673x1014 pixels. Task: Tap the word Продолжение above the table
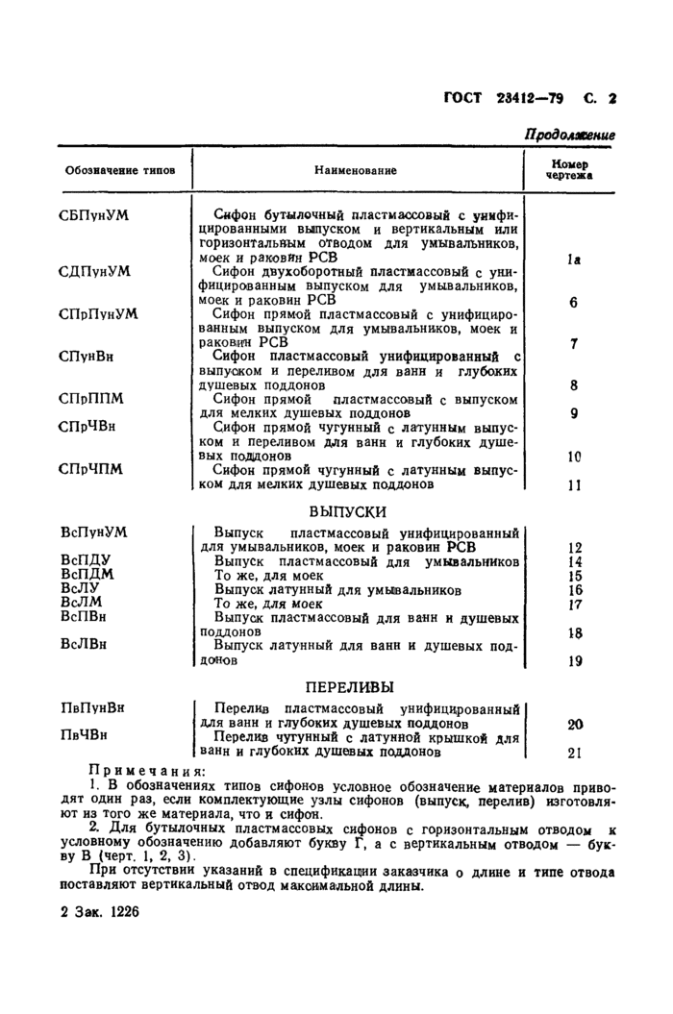tap(569, 136)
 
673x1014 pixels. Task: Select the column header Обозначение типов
tap(120, 170)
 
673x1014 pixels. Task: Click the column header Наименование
tap(355, 170)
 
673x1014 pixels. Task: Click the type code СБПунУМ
tap(93, 214)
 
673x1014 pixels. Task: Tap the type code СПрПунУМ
tap(98, 313)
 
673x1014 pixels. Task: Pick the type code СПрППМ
tap(90, 398)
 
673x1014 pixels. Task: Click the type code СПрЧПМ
tap(90, 469)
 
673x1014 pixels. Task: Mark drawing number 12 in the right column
tap(575, 547)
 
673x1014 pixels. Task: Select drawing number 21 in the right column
tap(575, 753)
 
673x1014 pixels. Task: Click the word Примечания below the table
tap(146, 771)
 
